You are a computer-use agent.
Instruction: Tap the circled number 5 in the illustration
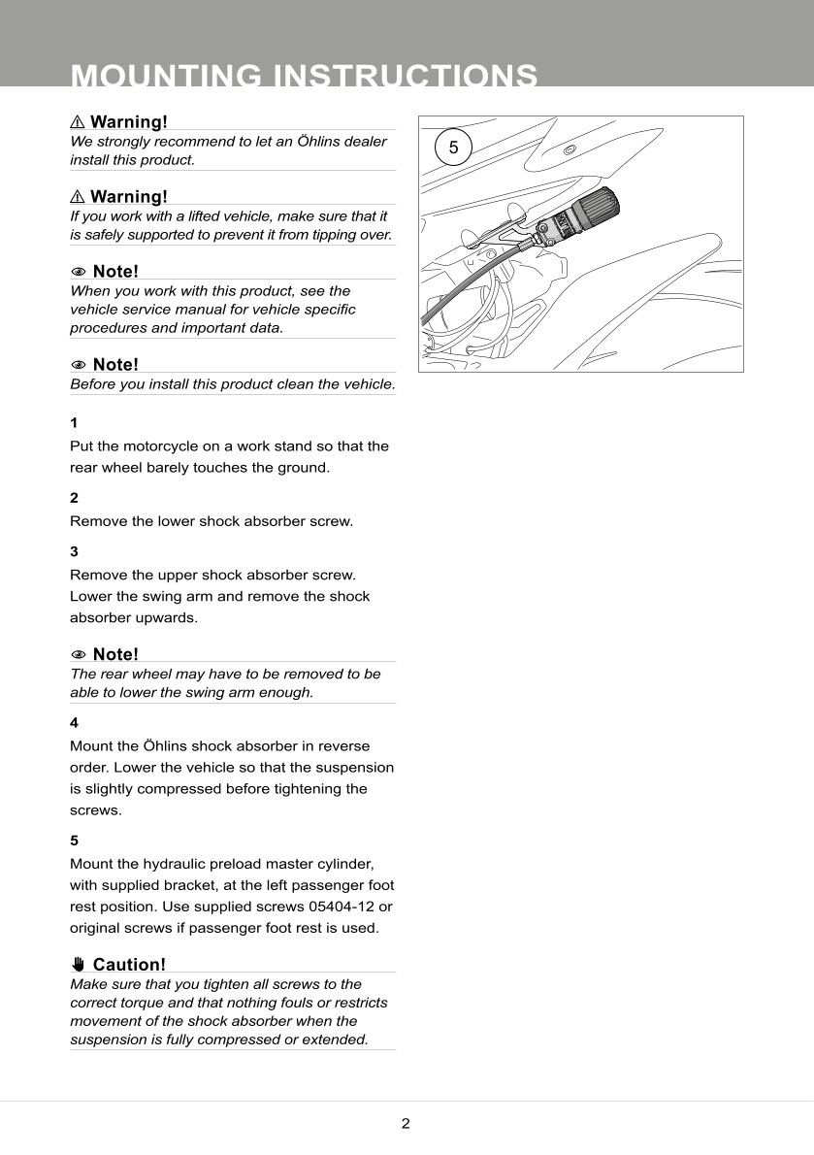(x=453, y=148)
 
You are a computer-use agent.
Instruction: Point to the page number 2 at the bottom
(x=406, y=1124)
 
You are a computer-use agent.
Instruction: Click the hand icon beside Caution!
(x=79, y=965)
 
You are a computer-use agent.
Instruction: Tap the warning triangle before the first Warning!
(x=78, y=122)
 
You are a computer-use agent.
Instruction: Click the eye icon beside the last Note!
(x=79, y=654)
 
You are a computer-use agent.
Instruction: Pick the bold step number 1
(x=74, y=423)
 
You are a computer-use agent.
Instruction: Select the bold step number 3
(x=74, y=551)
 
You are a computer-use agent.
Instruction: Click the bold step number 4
(x=74, y=723)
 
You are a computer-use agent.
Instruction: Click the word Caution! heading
(x=129, y=965)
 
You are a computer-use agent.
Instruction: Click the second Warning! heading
(x=129, y=197)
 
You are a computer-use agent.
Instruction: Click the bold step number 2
(x=74, y=498)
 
